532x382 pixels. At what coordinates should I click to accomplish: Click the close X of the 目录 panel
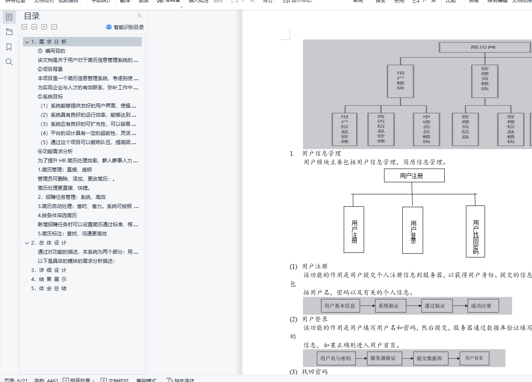click(x=140, y=16)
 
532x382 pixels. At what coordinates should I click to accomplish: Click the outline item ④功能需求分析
click(x=55, y=152)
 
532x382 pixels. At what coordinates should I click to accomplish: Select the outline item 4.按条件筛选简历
click(x=57, y=215)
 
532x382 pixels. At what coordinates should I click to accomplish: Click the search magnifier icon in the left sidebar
click(x=9, y=62)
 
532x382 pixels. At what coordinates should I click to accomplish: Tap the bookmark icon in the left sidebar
click(x=9, y=47)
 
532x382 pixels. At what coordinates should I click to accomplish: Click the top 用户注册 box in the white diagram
click(x=414, y=176)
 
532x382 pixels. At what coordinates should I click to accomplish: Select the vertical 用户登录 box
click(x=413, y=230)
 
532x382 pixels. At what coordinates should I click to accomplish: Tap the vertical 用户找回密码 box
click(x=475, y=231)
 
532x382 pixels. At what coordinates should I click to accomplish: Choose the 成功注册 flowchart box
click(x=483, y=306)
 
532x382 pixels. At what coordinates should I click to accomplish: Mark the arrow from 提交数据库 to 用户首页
click(x=454, y=358)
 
